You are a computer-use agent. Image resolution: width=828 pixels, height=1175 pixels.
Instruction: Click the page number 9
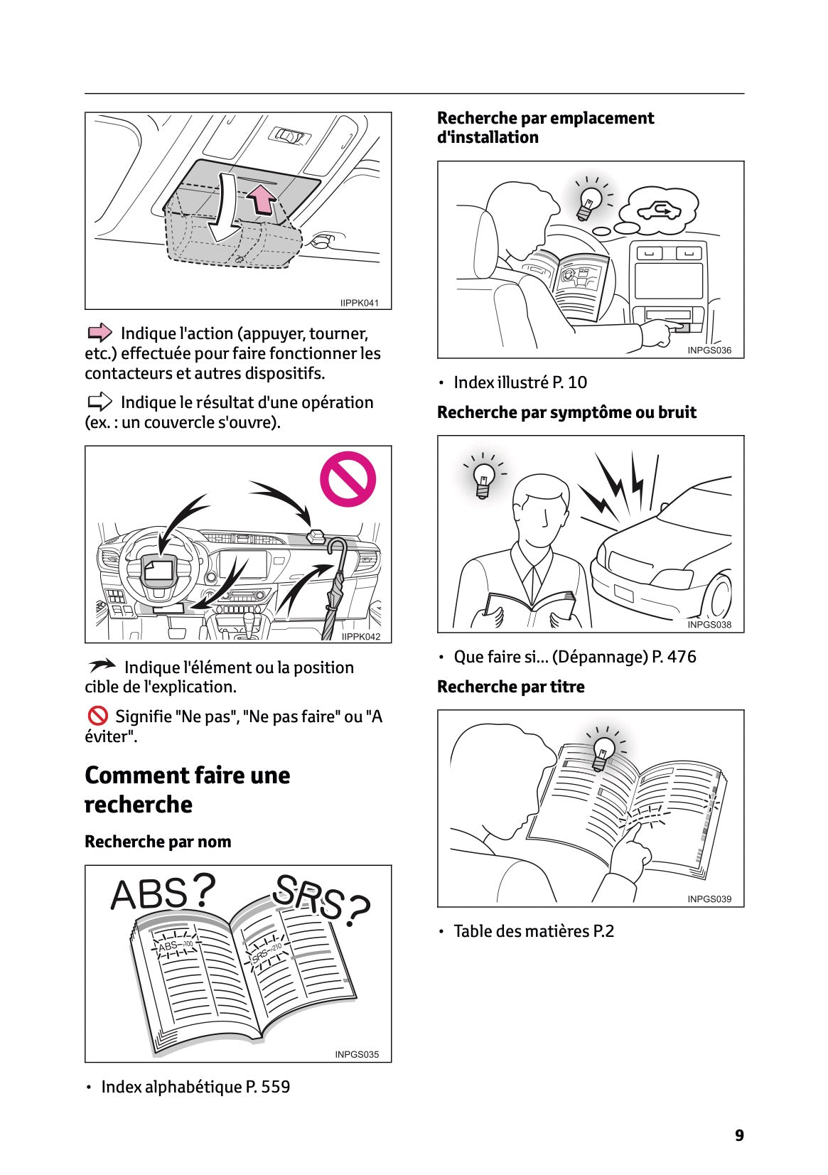tap(739, 1135)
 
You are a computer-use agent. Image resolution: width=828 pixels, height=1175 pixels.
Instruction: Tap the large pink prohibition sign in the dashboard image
tap(347, 479)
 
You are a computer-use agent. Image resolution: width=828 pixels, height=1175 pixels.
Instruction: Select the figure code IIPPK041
tap(360, 303)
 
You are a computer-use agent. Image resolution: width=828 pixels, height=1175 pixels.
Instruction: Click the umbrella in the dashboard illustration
tap(335, 589)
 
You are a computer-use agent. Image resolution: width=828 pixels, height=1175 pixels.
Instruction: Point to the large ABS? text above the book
tap(163, 892)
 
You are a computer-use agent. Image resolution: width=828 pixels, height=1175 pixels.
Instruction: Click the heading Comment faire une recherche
tap(187, 789)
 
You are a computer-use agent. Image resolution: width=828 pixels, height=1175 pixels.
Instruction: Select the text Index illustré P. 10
tap(520, 382)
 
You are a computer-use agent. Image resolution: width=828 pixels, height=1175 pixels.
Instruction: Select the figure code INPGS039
tap(709, 899)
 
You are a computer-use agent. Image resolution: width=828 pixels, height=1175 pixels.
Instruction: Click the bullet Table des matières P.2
tap(533, 931)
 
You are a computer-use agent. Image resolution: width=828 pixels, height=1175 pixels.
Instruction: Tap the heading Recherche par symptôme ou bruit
tap(566, 412)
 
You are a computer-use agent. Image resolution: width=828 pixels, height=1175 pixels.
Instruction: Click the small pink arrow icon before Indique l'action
tap(100, 333)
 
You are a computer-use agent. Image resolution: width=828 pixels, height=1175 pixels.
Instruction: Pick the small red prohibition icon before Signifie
tap(97, 716)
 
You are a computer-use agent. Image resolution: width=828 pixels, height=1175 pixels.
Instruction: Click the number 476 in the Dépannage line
tap(682, 657)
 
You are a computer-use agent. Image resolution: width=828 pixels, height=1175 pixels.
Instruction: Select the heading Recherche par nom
tap(158, 842)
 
